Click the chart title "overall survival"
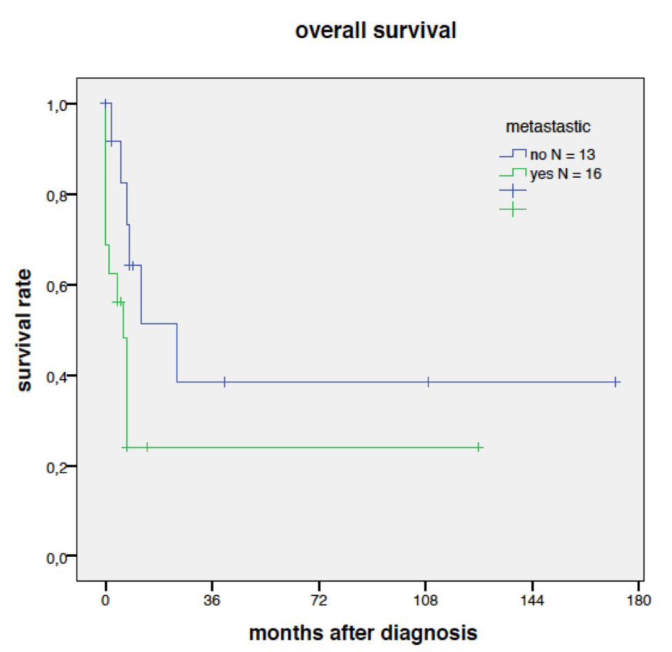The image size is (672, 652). pos(376,31)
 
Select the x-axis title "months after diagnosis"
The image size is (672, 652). pos(363,632)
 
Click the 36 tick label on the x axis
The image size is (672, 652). pos(212,600)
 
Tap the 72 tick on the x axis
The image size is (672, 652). pos(318,600)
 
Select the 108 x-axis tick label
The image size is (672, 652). pos(425,600)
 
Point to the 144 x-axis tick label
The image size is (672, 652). pos(532,600)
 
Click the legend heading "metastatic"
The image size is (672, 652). pos(547,128)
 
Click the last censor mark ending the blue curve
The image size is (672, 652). pos(616,382)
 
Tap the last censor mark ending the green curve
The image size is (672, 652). pos(478,447)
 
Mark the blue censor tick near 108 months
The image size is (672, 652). pos(428,382)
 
